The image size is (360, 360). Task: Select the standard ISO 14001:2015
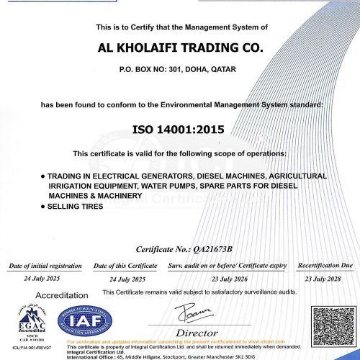178,130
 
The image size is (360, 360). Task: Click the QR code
331,325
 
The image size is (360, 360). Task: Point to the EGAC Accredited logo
24,324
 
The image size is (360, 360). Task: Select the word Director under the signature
197,333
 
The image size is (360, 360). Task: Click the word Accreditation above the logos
61,296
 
